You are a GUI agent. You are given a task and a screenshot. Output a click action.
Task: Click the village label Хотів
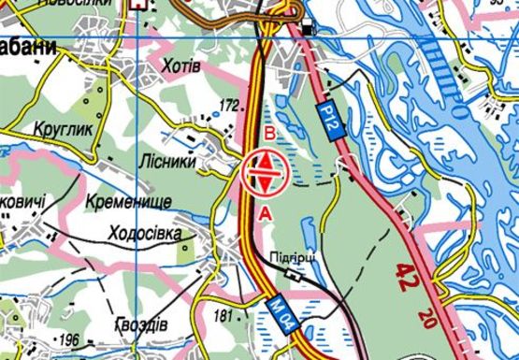click(x=181, y=65)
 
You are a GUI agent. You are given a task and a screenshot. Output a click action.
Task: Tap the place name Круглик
click(x=65, y=130)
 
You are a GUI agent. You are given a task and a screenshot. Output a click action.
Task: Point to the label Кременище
click(x=127, y=202)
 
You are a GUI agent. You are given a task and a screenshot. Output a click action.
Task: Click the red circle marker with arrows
click(x=265, y=173)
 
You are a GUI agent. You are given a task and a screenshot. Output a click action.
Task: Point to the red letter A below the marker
click(x=266, y=214)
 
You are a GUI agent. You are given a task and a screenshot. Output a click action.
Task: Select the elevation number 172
click(x=229, y=104)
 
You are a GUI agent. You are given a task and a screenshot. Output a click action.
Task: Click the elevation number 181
click(x=223, y=315)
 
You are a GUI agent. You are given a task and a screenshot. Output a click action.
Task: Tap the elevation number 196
click(x=68, y=338)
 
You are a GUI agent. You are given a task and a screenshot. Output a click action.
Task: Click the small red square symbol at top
click(x=141, y=4)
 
